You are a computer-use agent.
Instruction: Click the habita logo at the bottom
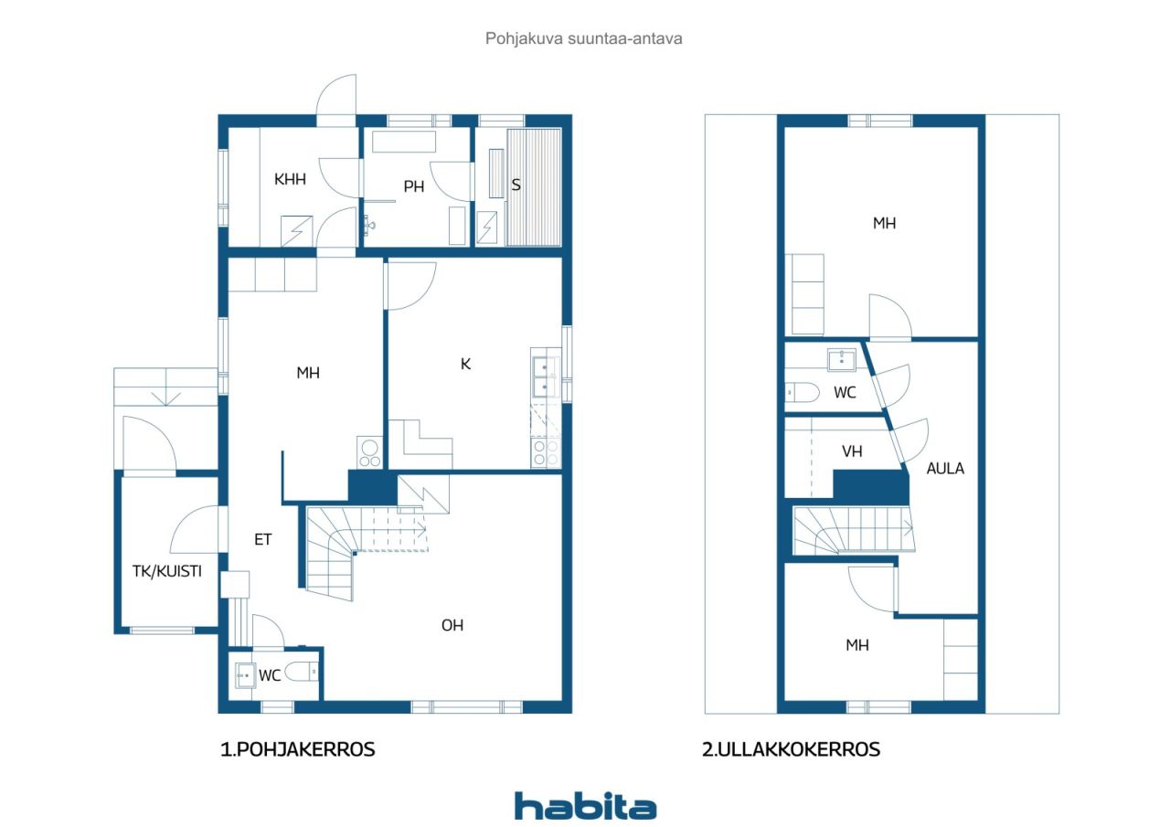[x=585, y=806]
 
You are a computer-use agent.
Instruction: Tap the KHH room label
[x=290, y=180]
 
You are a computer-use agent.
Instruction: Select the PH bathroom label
[x=414, y=186]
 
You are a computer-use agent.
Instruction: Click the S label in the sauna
[x=516, y=185]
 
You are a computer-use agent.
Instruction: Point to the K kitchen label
[x=465, y=364]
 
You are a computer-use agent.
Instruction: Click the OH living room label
[x=452, y=625]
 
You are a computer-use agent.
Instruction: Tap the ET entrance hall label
[x=263, y=539]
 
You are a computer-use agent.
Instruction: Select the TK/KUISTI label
[x=167, y=572]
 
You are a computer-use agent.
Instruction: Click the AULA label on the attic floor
[x=945, y=468]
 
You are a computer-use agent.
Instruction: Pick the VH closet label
[x=852, y=451]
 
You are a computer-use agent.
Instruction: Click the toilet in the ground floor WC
[x=301, y=673]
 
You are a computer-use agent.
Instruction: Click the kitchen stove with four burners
[x=546, y=452]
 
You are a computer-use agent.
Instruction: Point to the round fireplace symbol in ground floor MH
[x=369, y=448]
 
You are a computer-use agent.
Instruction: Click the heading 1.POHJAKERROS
[x=298, y=749]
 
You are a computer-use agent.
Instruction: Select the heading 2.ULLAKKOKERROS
[x=791, y=749]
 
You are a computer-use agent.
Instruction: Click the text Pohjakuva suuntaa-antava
[x=584, y=39]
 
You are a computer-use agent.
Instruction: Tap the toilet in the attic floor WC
[x=803, y=393]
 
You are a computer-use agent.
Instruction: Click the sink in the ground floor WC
[x=245, y=676]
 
